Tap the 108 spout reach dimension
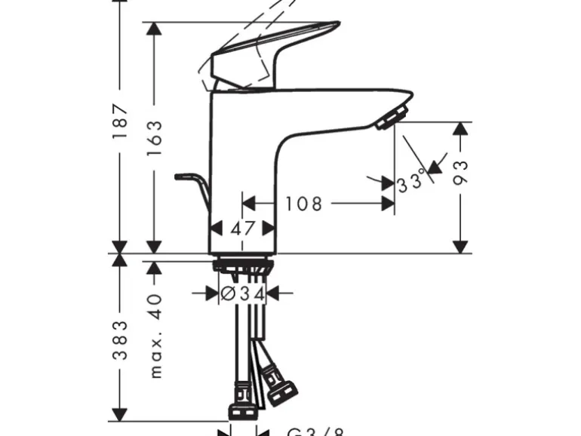tap(304, 203)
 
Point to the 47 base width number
tap(241, 227)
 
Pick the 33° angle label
tap(412, 182)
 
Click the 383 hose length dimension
tap(120, 340)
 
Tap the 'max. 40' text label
tap(155, 336)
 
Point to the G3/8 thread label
tap(315, 432)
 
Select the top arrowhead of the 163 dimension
tap(155, 30)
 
